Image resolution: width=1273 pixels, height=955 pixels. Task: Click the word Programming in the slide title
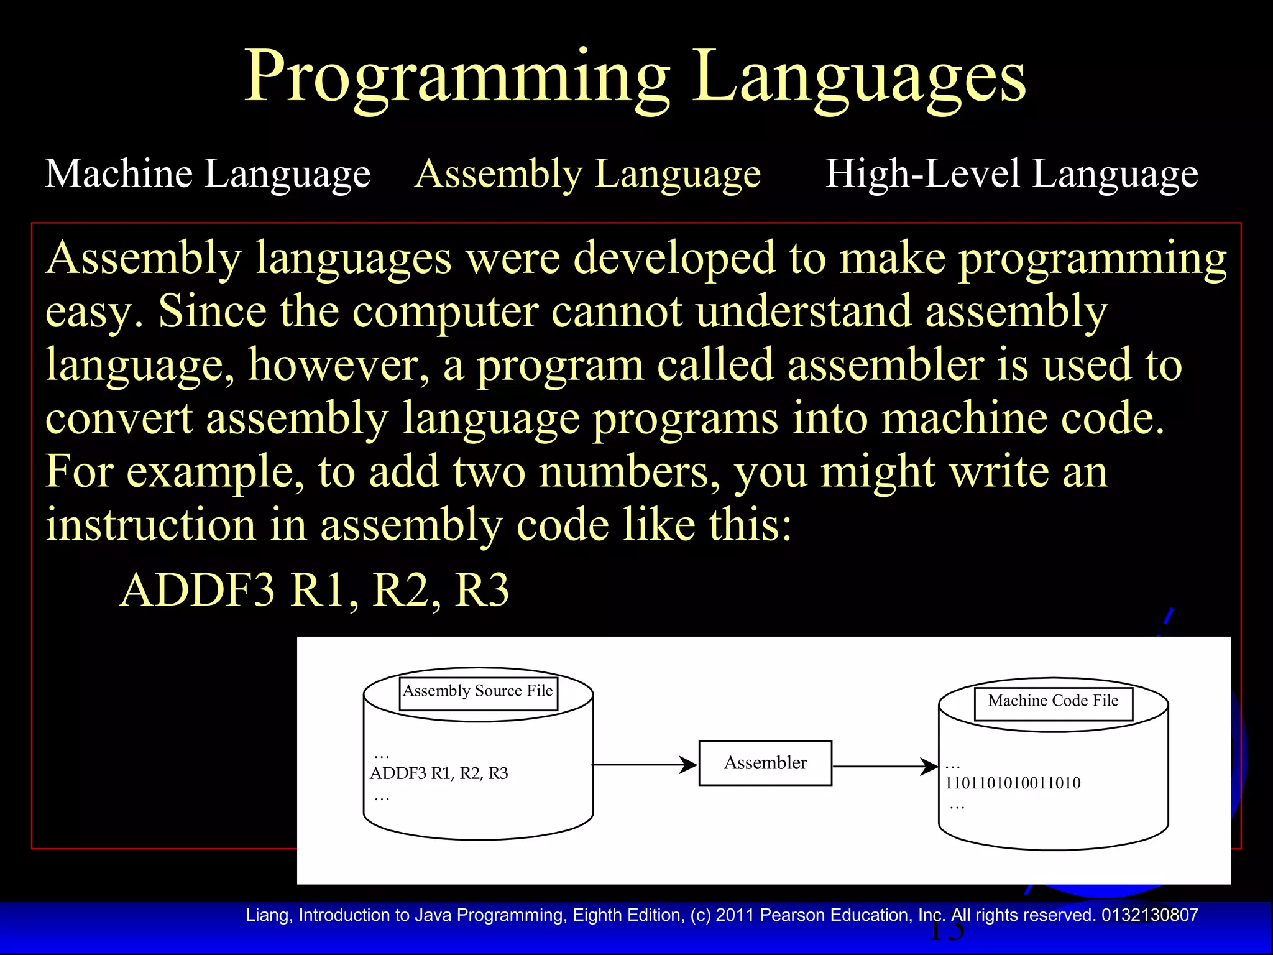[457, 78]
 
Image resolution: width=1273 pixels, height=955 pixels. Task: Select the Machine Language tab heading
[208, 173]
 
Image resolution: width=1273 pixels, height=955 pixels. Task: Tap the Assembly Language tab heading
[587, 173]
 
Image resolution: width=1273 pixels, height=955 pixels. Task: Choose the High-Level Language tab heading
[1011, 173]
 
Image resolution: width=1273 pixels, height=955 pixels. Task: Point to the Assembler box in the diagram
[765, 763]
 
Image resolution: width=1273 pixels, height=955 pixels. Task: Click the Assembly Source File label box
[478, 692]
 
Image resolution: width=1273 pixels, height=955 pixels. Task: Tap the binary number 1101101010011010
[1013, 783]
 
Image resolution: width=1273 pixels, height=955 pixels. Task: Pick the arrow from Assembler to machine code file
[884, 766]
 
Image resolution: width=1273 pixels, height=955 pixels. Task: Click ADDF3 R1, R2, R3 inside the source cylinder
[439, 773]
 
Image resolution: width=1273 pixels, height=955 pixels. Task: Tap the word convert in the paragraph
[119, 418]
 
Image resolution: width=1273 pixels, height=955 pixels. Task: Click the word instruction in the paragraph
[150, 525]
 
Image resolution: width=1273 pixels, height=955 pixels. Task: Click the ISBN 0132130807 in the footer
[1149, 915]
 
